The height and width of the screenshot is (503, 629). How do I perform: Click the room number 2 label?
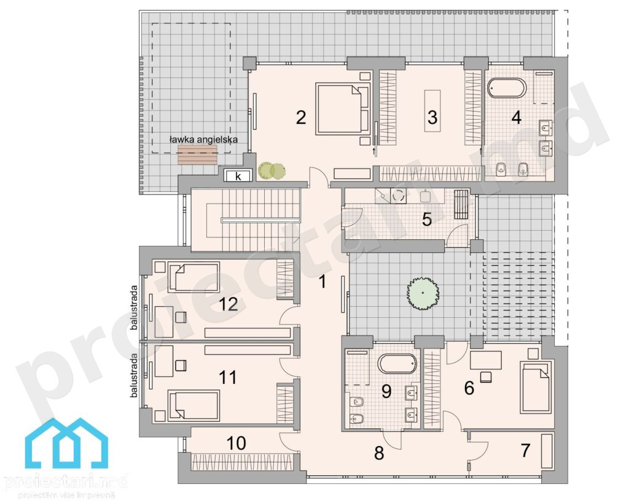pos(301,117)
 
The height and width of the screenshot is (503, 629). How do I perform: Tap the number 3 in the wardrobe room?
pos(432,117)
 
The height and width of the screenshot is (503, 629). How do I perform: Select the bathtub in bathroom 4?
pos(507,88)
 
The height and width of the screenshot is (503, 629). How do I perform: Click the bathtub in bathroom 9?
pos(397,364)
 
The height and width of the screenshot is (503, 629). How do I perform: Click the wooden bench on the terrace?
pos(197,155)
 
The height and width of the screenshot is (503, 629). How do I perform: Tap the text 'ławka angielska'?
pos(203,139)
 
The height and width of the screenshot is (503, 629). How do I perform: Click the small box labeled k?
pos(238,176)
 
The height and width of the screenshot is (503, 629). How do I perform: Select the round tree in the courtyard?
pos(423,293)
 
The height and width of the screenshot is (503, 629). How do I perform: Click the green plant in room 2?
pos(272,171)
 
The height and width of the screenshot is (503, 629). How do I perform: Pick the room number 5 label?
pos(426,219)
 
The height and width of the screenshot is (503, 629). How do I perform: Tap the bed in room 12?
pos(193,277)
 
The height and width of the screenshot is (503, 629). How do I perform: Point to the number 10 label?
pos(236,443)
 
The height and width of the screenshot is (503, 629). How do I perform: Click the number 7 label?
pos(526,450)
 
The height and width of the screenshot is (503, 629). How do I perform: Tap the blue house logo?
pos(66,443)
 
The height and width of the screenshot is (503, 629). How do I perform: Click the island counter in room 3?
pos(432,110)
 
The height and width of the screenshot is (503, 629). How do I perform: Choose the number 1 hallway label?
pos(322,282)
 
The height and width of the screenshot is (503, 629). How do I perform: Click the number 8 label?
pos(379,453)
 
